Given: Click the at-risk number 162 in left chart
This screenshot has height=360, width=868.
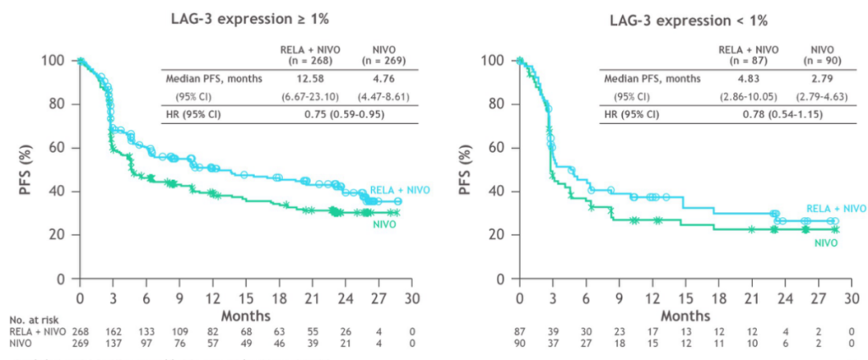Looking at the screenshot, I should pos(113,331).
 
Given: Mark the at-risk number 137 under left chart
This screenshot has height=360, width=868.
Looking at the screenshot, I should pos(113,344).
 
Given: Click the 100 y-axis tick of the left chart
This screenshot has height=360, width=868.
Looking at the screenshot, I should pos(54,61).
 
